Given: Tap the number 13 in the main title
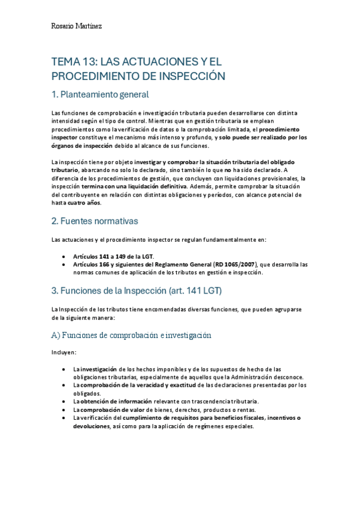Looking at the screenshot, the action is (x=87, y=62).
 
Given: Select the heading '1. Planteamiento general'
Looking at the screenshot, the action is (x=100, y=94).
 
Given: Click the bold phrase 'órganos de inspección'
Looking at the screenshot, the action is (x=82, y=146).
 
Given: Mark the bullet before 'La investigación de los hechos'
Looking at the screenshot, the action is (x=64, y=369).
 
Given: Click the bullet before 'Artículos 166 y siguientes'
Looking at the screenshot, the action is (x=64, y=265).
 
